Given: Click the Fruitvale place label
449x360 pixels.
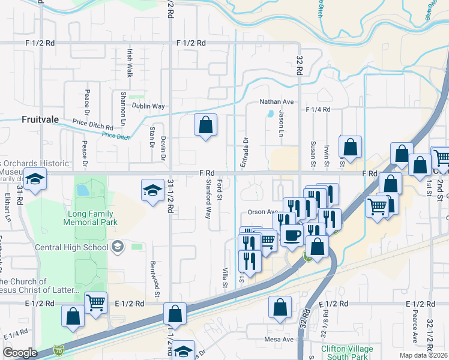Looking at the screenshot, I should click(40, 119).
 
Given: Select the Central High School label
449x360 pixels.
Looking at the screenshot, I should click(72, 246).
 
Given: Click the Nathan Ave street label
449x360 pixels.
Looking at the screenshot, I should click(276, 102).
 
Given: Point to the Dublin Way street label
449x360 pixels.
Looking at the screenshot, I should click(148, 106).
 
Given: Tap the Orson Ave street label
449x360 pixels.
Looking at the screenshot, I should click(262, 212).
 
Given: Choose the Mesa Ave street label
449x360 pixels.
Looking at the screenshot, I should click(279, 339).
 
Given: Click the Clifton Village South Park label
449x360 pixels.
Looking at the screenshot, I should click(347, 352).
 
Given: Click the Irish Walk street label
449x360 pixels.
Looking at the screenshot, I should click(129, 64).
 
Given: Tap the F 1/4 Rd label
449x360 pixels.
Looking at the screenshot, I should click(318, 110).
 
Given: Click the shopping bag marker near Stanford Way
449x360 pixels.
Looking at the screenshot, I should click(205, 125).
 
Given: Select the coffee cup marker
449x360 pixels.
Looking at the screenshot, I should click(292, 235).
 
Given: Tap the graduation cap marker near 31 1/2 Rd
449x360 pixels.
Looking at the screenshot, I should click(152, 191).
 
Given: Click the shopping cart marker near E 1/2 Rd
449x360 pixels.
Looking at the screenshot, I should click(96, 303).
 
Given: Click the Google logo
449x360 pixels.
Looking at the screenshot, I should click(20, 353).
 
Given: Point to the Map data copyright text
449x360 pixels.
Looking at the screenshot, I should click(423, 355).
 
